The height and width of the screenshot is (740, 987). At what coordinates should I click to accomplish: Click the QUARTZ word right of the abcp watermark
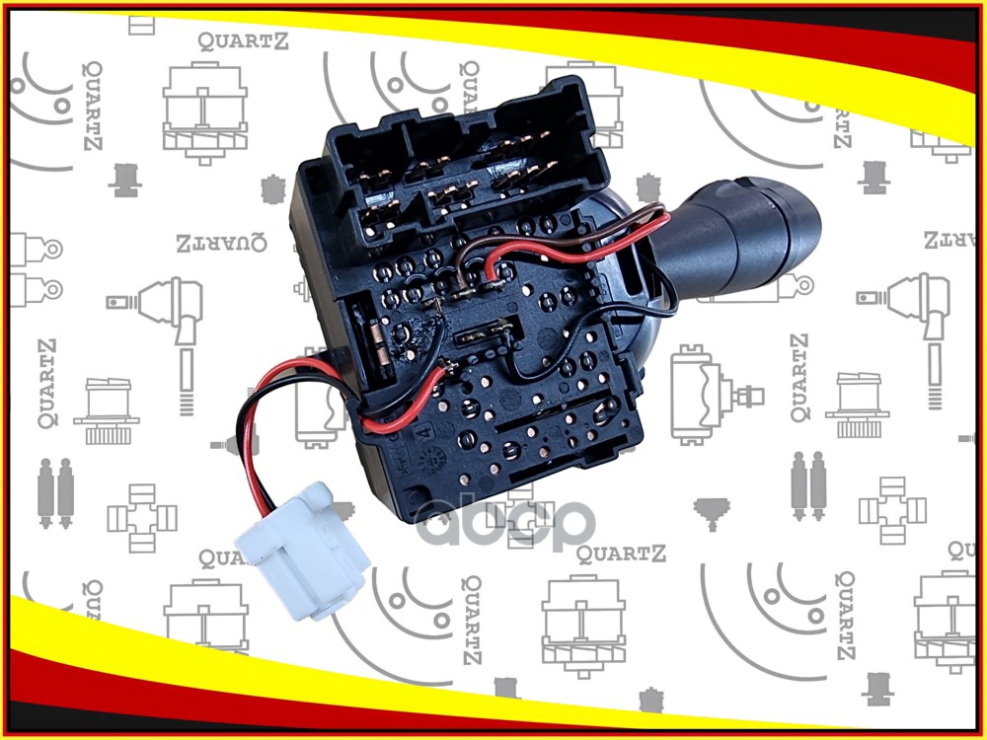(x=622, y=553)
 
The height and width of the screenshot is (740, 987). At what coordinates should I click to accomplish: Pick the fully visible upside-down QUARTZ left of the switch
(x=221, y=244)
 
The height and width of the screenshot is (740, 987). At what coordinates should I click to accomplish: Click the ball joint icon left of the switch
(x=163, y=306)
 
